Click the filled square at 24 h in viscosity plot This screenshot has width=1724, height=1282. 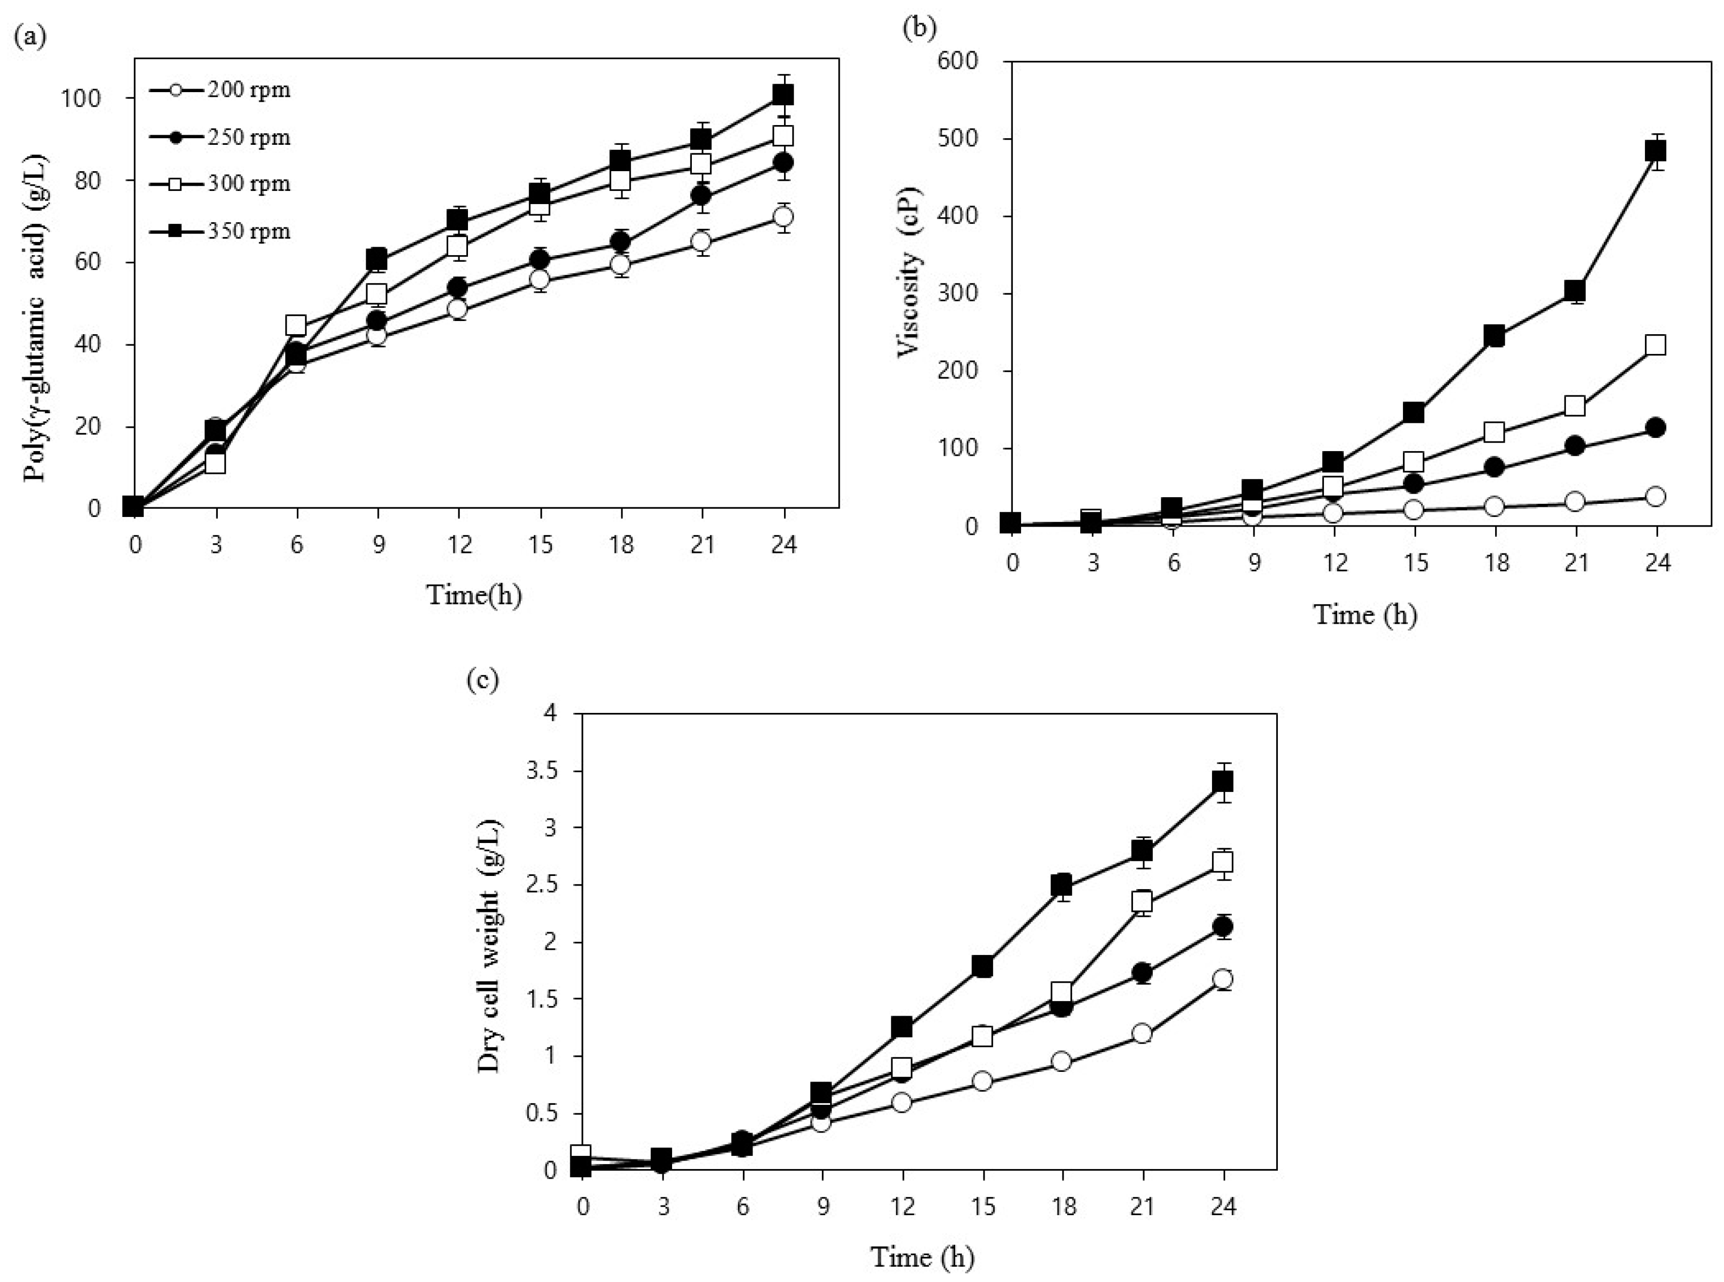point(1656,150)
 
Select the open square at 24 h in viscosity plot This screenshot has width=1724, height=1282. point(1656,345)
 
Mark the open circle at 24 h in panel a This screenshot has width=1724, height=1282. point(783,217)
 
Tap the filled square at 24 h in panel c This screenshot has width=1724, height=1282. point(1223,781)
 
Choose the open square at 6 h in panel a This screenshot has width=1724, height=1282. point(296,325)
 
